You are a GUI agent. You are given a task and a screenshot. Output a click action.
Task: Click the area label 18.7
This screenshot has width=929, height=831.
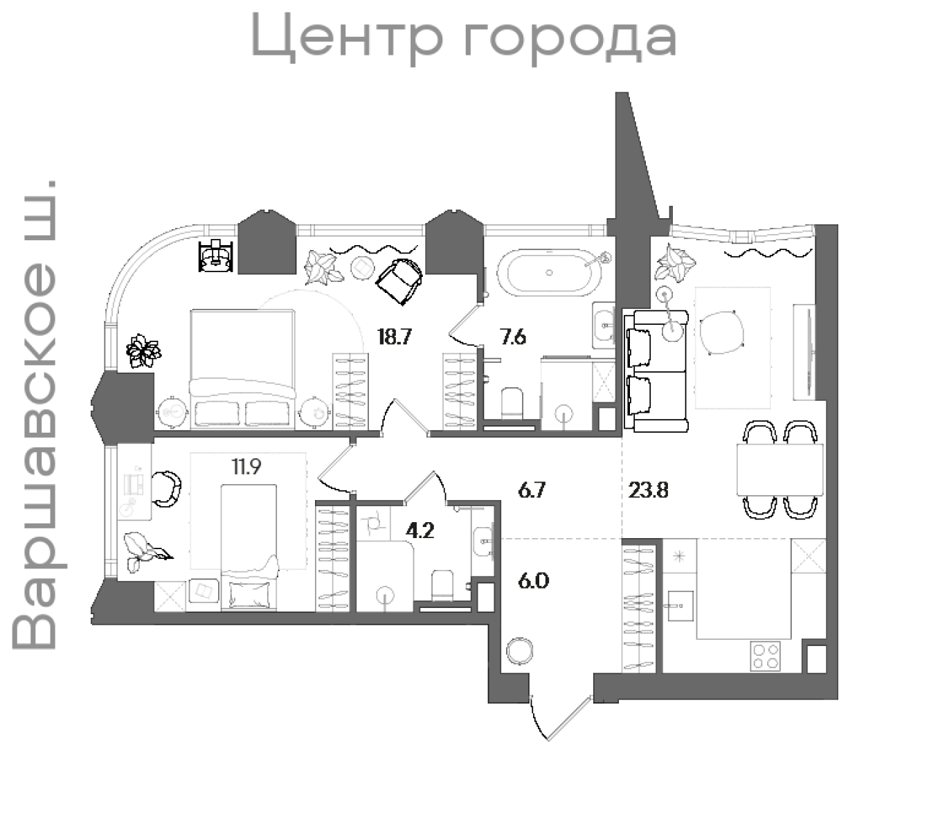pos(395,337)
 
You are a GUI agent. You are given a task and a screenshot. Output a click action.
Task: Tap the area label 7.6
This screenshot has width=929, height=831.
pos(513,337)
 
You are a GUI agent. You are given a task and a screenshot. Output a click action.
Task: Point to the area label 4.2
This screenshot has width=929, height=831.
pos(420,531)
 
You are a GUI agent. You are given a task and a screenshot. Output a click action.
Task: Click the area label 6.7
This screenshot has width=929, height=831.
pos(532,491)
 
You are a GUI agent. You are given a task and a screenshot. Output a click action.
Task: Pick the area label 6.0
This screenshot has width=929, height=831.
pos(533,580)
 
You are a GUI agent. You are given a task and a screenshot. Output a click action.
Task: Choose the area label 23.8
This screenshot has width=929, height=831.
pos(649,491)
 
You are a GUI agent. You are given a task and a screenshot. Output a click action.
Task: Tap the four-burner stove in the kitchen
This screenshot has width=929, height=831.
pos(765,655)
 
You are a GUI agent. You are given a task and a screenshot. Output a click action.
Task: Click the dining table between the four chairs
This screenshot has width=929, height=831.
pos(780,470)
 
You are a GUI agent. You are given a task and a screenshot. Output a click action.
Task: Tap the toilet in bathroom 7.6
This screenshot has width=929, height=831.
pos(512,403)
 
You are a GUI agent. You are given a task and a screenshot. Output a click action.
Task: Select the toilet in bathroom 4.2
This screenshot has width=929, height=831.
pos(442,586)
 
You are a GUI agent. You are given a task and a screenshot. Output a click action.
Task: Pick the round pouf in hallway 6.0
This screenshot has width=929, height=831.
pos(519,651)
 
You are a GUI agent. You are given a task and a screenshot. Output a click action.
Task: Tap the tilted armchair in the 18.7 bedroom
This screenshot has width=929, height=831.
pos(399,279)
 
